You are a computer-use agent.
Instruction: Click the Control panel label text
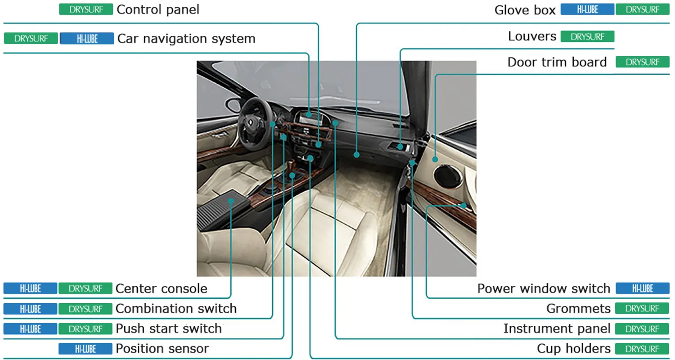[x=158, y=9]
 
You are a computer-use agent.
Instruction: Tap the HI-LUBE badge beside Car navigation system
[x=87, y=39]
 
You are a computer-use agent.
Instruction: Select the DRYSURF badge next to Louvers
[x=587, y=37]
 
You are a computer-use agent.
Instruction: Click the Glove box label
[x=525, y=10]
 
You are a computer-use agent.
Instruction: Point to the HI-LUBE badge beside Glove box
[x=587, y=9]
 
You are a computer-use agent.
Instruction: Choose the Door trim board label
[x=557, y=62]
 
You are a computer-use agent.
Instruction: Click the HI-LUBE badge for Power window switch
[x=643, y=288]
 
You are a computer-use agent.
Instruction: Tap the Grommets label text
[x=578, y=309]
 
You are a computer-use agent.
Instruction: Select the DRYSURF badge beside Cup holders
[x=642, y=349]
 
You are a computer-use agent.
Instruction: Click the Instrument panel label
[x=557, y=328]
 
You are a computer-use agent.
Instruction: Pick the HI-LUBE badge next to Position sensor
[x=85, y=349]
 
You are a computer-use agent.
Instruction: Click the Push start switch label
[x=169, y=328]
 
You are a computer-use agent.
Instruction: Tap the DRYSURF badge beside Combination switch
[x=85, y=309]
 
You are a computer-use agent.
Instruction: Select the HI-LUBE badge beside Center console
[x=30, y=288]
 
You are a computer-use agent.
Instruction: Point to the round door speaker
[x=448, y=176]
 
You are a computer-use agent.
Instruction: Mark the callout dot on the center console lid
[x=231, y=201]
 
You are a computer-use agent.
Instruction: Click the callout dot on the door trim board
[x=435, y=159]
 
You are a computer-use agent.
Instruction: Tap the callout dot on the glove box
[x=356, y=155]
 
